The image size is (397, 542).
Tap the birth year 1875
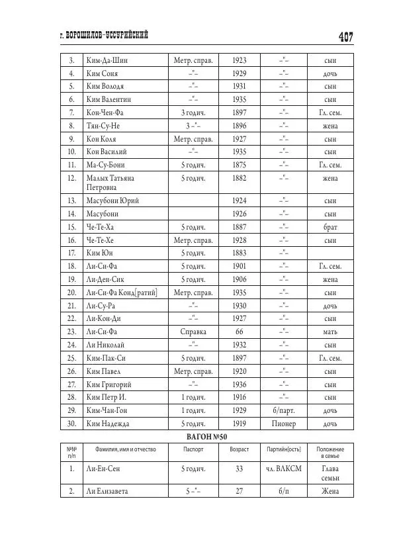[239, 165]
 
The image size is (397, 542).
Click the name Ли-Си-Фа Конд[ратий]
[121, 292]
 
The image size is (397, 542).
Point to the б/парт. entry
[284, 410]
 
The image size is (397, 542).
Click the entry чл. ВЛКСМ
[284, 469]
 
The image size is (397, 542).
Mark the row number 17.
[71, 253]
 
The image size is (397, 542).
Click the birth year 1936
[239, 384]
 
